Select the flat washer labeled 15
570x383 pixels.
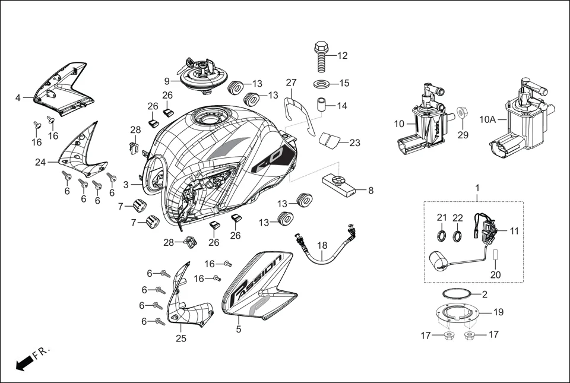coord(322,83)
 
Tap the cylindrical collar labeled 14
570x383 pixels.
coord(322,106)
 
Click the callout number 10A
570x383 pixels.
coord(487,119)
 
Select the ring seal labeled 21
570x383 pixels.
coord(442,236)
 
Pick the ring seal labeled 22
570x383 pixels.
coord(458,236)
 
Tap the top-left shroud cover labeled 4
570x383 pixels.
coord(64,89)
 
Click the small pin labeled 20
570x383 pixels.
coord(494,257)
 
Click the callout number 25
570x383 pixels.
coord(181,338)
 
